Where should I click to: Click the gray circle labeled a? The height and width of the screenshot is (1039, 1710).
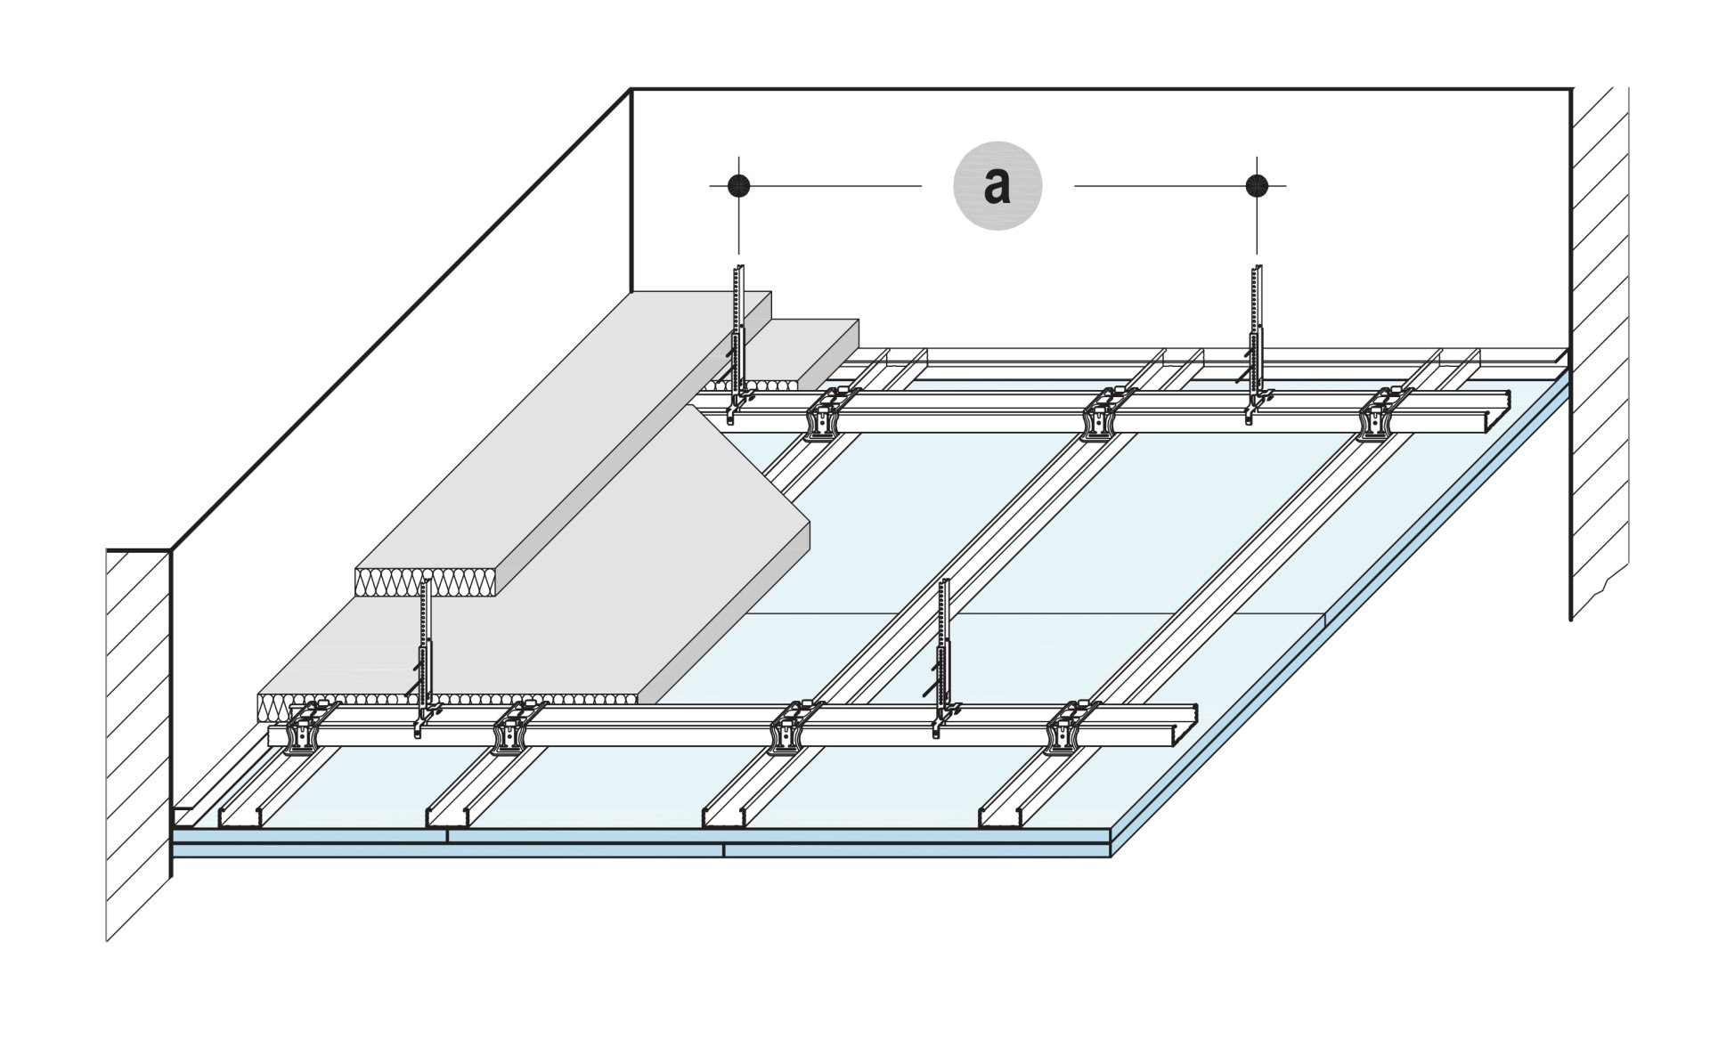(997, 186)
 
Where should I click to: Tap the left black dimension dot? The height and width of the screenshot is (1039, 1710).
(738, 185)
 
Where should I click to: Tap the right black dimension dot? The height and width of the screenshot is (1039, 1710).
(1257, 185)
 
